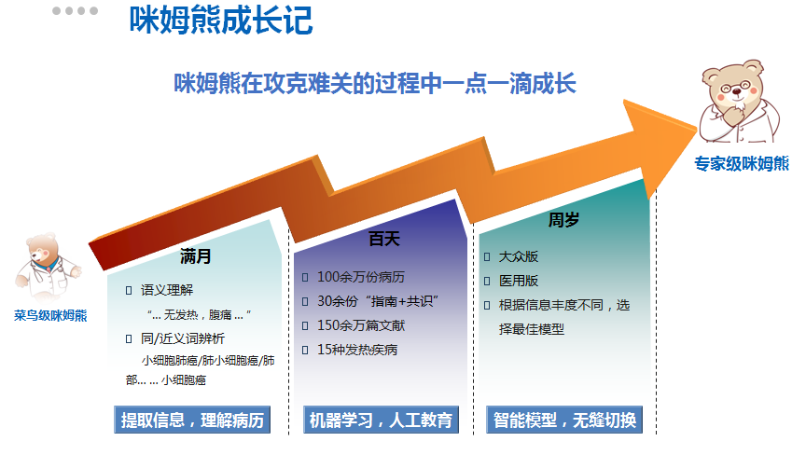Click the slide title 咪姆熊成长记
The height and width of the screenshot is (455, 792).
pyautogui.click(x=221, y=21)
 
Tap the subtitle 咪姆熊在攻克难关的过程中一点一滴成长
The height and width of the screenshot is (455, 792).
pyautogui.click(x=375, y=83)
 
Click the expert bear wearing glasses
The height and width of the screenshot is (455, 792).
pyautogui.click(x=739, y=101)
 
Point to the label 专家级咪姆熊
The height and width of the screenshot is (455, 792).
pyautogui.click(x=742, y=163)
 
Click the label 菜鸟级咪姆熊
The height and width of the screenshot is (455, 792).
pyautogui.click(x=50, y=316)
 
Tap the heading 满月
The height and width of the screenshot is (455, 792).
pyautogui.click(x=196, y=256)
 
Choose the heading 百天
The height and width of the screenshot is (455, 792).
pyautogui.click(x=384, y=239)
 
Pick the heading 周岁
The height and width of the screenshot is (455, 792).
pyautogui.click(x=563, y=220)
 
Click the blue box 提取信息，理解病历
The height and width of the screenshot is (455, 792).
pyautogui.click(x=192, y=420)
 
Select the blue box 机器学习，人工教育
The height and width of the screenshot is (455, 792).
pyautogui.click(x=381, y=420)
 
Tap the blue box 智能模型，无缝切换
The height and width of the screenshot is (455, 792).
pyautogui.click(x=564, y=420)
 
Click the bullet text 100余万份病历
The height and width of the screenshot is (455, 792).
pyautogui.click(x=361, y=277)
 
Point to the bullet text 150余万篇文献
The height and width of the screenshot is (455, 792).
pyautogui.click(x=361, y=325)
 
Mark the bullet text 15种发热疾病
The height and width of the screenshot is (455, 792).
pyautogui.click(x=357, y=350)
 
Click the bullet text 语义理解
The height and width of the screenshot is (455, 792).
pyautogui.click(x=167, y=290)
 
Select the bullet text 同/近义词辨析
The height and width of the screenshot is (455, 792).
pyautogui.click(x=182, y=338)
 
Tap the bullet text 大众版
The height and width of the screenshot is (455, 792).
pyautogui.click(x=519, y=256)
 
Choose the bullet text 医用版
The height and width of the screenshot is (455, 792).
pyautogui.click(x=519, y=281)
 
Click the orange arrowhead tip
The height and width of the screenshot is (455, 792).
pyautogui.click(x=697, y=129)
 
